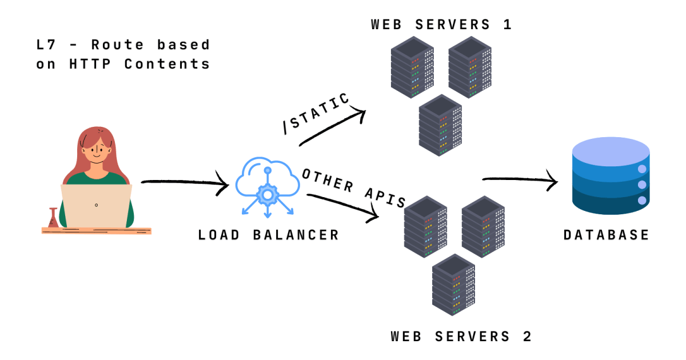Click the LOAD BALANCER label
(269, 235)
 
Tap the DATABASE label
(607, 235)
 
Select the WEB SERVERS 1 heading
(441, 25)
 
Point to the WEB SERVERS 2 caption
(461, 337)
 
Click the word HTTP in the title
(91, 64)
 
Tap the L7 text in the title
(45, 45)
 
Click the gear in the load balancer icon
(266, 195)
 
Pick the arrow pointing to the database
(520, 181)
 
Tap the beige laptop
(97, 205)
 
